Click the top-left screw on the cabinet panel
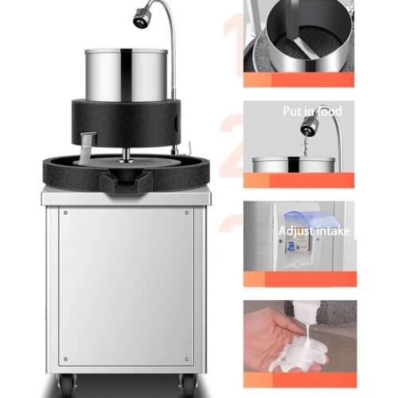(65, 213)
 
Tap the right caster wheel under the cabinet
(189, 385)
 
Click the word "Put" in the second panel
(292, 112)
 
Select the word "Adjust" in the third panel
(295, 232)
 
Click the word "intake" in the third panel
(332, 232)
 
